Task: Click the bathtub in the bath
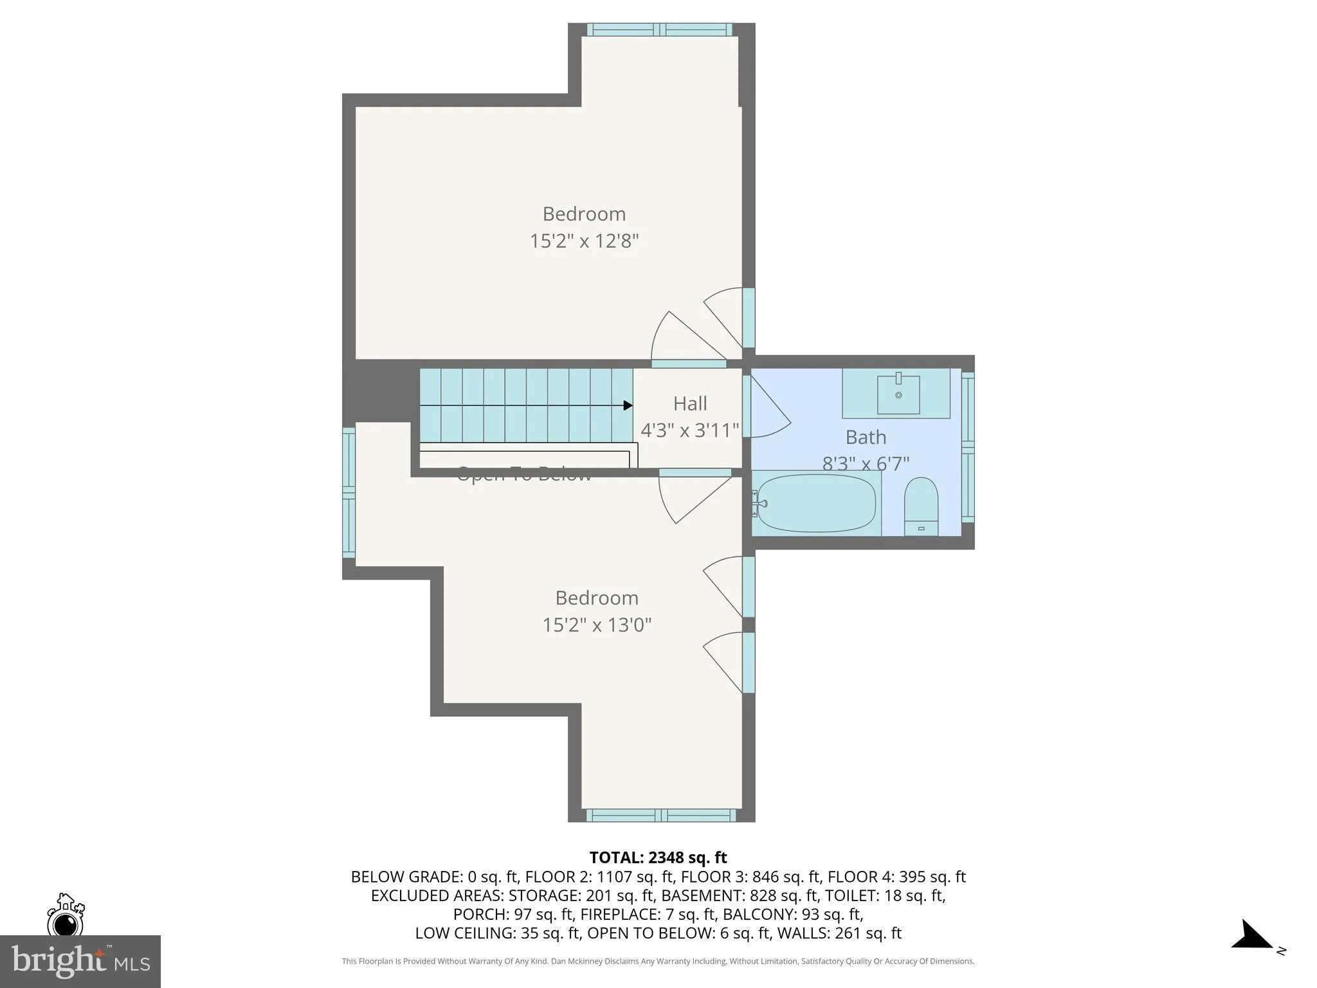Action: pos(816,504)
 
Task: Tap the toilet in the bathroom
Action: pos(921,506)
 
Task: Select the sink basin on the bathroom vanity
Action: pos(898,394)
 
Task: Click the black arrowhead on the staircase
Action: pos(628,405)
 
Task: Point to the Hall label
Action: pos(690,404)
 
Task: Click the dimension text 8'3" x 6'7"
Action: pos(866,464)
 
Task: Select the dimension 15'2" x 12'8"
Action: pos(584,241)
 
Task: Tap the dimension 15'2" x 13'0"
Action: pos(597,625)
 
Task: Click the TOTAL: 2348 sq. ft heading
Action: pos(658,857)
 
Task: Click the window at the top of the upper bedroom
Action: pos(660,30)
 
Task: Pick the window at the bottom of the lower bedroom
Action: pos(661,816)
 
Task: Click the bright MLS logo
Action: pos(80,961)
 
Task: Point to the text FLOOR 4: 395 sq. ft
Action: pos(896,877)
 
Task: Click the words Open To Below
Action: pos(523,475)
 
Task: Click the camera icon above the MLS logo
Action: pos(65,916)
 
